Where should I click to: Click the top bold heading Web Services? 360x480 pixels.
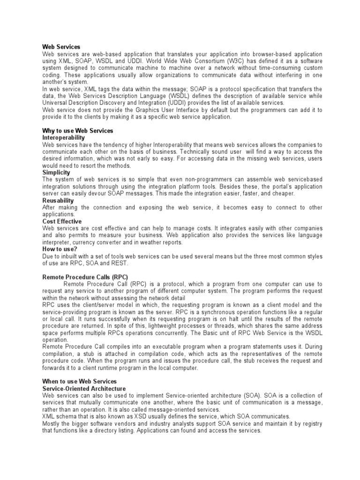(61, 47)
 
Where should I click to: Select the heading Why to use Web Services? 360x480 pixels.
(78, 130)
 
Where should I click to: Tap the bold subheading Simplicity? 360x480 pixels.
(56, 172)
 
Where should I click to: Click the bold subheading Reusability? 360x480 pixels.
(58, 200)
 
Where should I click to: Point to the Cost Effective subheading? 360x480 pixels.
(62, 221)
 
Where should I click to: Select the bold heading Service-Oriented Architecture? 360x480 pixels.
(84, 389)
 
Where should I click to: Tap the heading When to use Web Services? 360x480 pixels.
(79, 382)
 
